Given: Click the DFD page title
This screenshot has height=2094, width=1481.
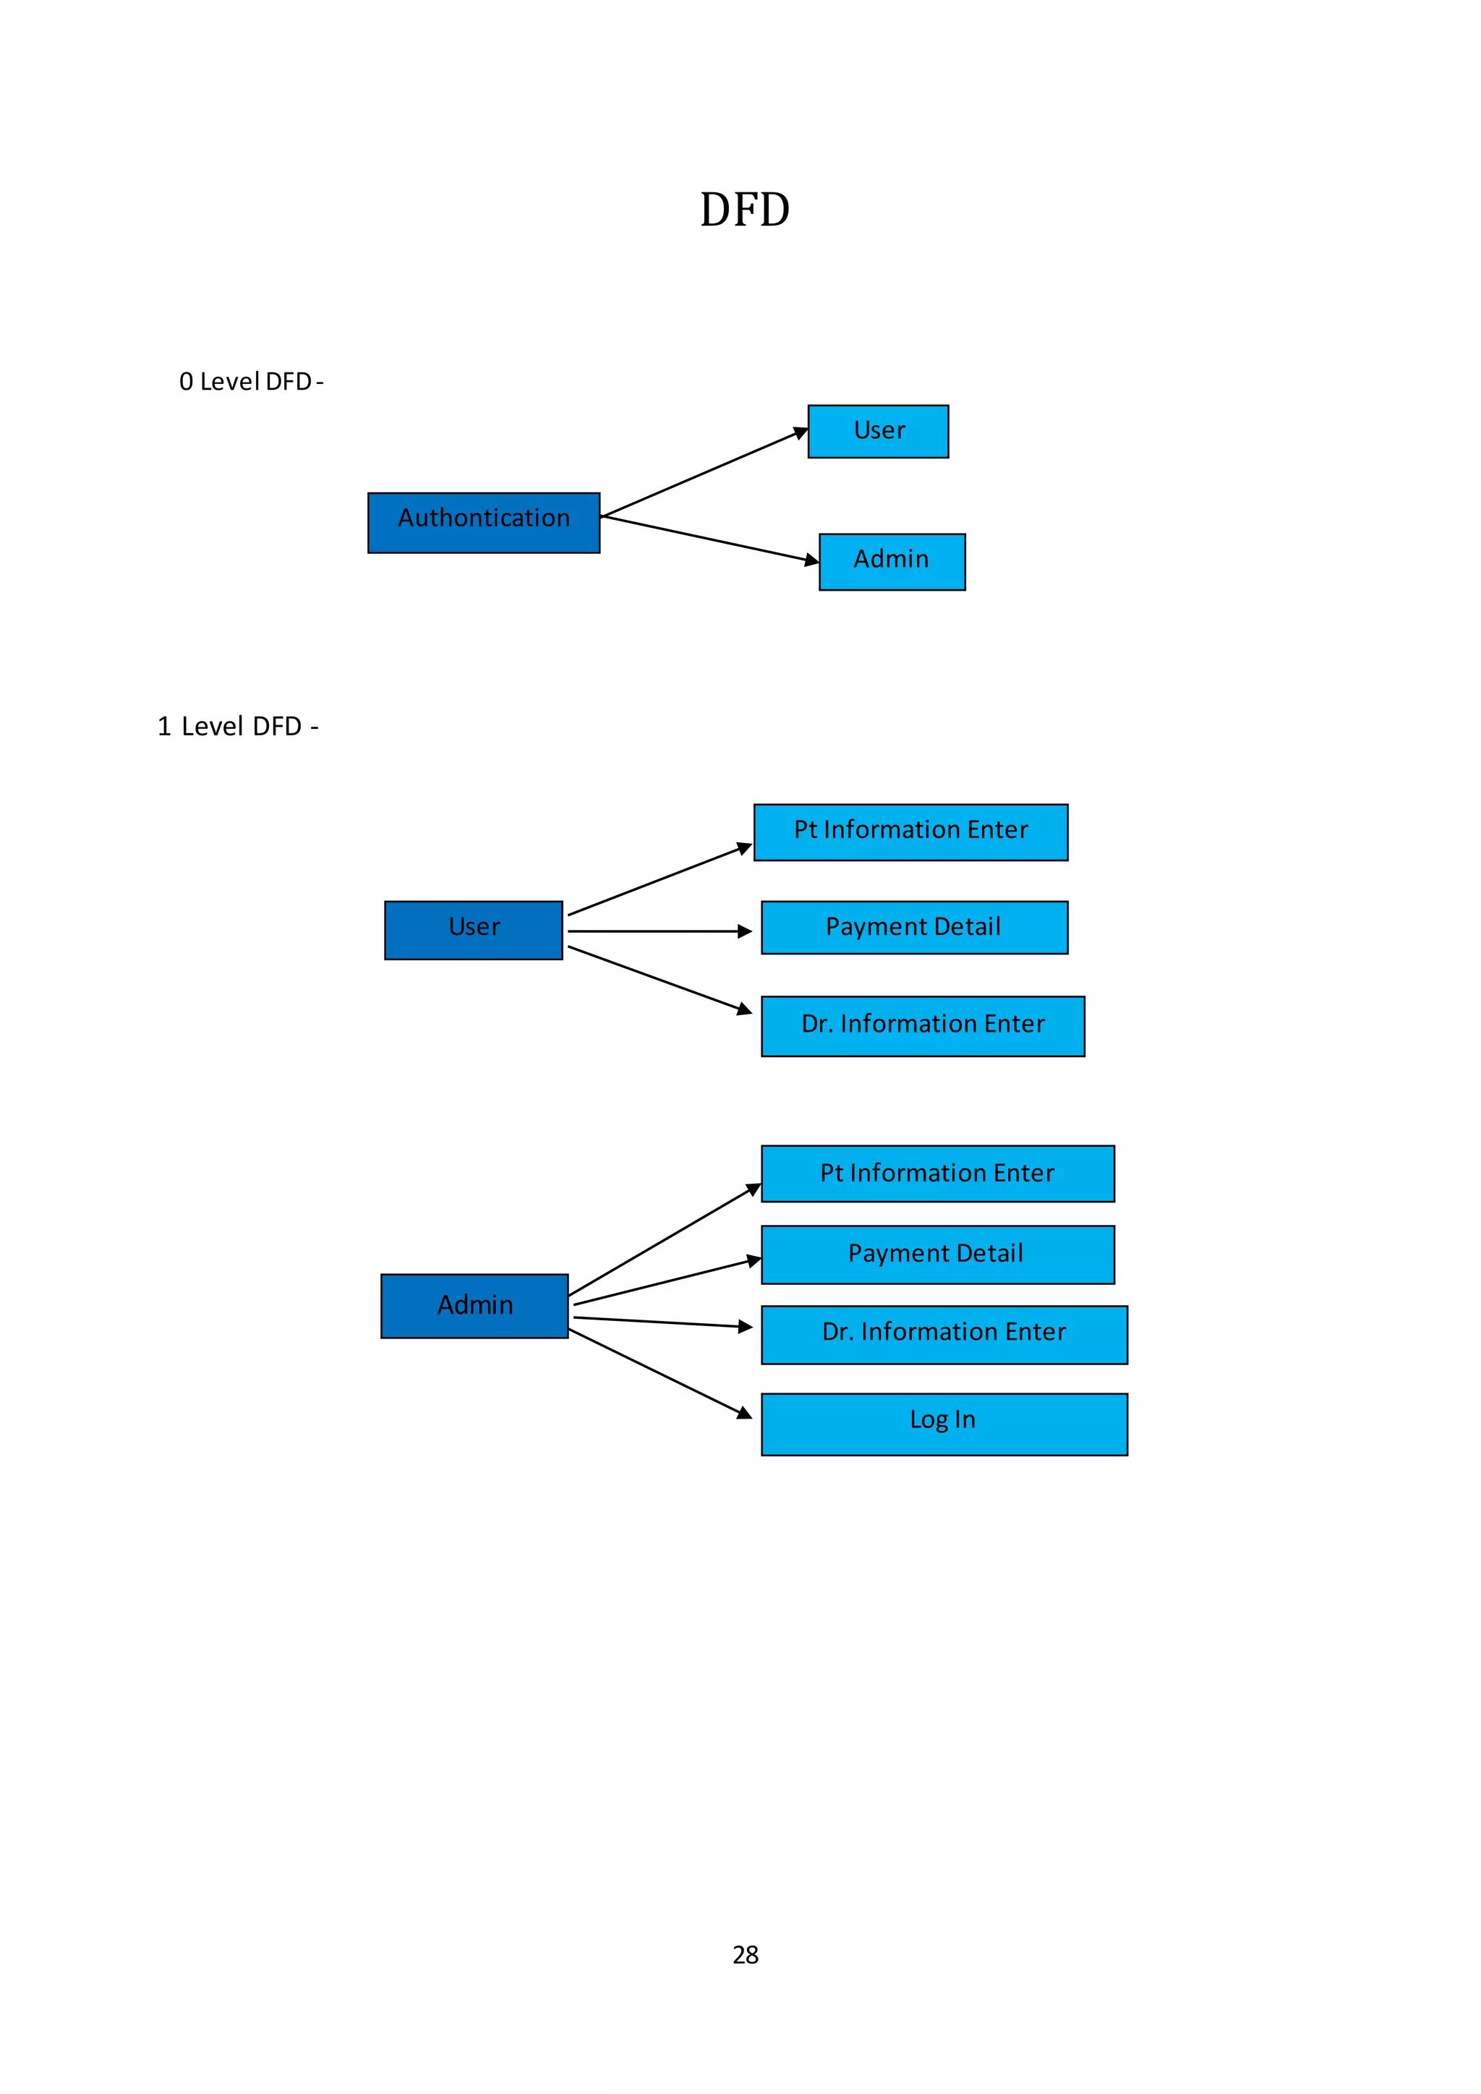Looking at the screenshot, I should (x=744, y=210).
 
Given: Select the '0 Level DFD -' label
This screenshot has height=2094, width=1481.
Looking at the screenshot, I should (x=251, y=381).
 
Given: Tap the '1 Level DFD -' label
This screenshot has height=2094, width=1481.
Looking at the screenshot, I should (x=238, y=726).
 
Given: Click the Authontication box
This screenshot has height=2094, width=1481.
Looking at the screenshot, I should (x=483, y=523).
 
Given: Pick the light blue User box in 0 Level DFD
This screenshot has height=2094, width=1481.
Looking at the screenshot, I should (x=877, y=432).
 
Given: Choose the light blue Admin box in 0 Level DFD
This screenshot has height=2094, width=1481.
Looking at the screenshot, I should (x=891, y=562).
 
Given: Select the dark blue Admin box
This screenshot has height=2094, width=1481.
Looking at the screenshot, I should (x=474, y=1305).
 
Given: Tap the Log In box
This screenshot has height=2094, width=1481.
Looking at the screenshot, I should (x=944, y=1424).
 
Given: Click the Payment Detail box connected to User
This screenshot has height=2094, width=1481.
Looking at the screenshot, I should (x=914, y=928).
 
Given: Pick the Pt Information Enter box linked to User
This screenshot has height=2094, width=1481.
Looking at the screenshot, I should (x=910, y=832).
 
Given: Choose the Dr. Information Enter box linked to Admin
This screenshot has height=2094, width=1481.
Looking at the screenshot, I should (x=944, y=1334).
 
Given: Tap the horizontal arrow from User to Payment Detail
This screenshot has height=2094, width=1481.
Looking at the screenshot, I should (x=657, y=931).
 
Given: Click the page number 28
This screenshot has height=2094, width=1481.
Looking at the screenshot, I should (x=745, y=1954).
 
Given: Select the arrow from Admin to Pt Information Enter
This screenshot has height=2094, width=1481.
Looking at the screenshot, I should (x=664, y=1239).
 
